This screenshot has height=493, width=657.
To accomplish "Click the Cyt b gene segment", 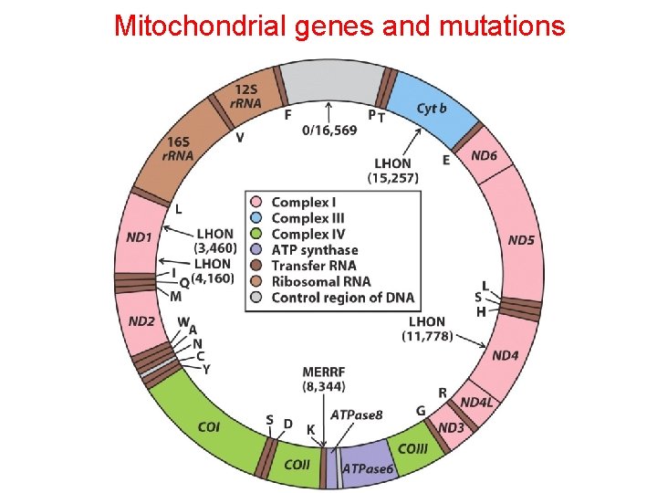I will (x=432, y=109).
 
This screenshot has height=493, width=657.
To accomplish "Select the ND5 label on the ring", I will (x=522, y=241).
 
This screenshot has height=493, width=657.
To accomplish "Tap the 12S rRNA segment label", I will (x=245, y=96).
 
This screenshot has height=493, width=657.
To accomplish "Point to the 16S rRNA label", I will (x=179, y=149).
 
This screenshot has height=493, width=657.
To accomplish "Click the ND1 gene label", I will (x=139, y=237).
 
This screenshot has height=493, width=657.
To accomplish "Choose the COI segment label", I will (x=209, y=426).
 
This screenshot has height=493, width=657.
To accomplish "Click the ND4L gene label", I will (x=475, y=403).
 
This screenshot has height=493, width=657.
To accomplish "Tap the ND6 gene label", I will (x=485, y=155).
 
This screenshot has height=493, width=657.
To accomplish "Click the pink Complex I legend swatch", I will (x=257, y=202).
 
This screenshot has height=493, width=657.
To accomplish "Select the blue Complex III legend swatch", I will (x=257, y=218).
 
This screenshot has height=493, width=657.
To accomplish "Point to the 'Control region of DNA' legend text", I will (x=342, y=298).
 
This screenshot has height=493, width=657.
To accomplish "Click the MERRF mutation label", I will (x=324, y=372).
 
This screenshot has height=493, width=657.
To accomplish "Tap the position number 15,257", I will (x=393, y=177).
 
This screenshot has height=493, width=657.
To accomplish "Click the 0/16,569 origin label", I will (x=328, y=131).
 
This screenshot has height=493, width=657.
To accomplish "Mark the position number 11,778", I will (x=428, y=336).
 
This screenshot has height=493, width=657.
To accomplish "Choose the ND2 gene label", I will (x=141, y=321).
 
